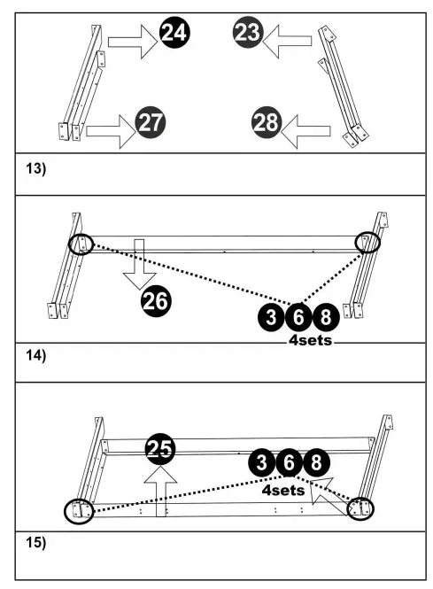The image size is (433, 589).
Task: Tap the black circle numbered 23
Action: click(x=248, y=34)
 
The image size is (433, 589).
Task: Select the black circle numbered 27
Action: click(x=151, y=122)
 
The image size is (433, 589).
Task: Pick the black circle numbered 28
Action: click(x=266, y=122)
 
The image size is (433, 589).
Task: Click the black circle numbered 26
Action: click(x=156, y=302)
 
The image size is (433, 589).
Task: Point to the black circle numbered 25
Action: click(x=160, y=449)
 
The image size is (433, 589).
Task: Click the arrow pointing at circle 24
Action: click(x=132, y=41)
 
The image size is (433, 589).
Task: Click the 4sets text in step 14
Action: click(x=310, y=339)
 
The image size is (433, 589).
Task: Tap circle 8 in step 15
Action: click(x=315, y=463)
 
